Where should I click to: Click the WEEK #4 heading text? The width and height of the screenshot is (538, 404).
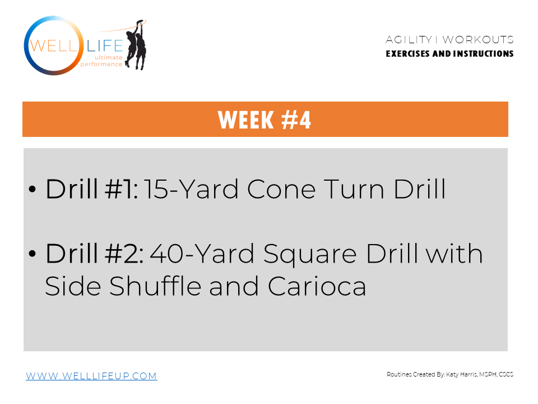pyautogui.click(x=265, y=120)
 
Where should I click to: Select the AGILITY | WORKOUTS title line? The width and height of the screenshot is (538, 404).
pyautogui.click(x=449, y=40)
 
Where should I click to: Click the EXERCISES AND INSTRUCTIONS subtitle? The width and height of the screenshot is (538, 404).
pyautogui.click(x=449, y=54)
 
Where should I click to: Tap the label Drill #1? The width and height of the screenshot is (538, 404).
pyautogui.click(x=92, y=190)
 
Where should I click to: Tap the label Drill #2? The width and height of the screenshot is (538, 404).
pyautogui.click(x=95, y=254)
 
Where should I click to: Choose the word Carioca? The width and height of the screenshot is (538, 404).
pyautogui.click(x=317, y=287)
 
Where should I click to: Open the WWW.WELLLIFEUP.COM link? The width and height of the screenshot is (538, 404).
pyautogui.click(x=91, y=376)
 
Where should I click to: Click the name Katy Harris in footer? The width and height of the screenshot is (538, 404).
pyautogui.click(x=461, y=374)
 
